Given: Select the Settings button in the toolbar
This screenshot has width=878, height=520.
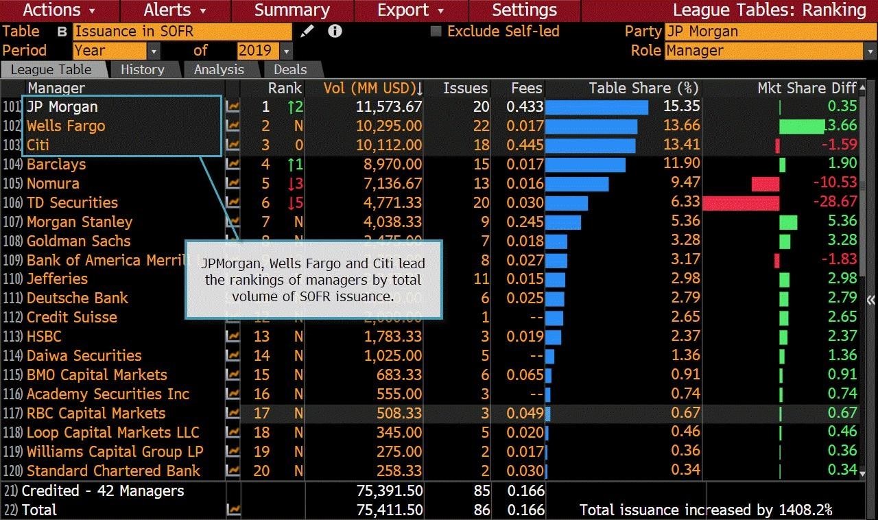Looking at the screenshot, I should point(524,10).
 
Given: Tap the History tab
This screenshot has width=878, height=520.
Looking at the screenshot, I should point(142,69).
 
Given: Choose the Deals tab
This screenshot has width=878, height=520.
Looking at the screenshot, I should point(290,69).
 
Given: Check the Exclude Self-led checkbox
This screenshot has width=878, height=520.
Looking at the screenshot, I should point(436,32).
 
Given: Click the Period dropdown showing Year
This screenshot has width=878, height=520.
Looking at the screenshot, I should point(116,51).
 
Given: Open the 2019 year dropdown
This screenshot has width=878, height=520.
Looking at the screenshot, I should point(264,51).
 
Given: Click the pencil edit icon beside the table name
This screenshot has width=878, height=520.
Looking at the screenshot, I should point(307,32).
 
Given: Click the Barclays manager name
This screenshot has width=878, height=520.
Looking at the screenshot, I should point(56,165).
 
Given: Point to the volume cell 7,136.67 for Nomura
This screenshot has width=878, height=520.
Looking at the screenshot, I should point(389,184).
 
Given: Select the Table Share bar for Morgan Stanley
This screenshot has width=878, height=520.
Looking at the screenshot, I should point(563,222).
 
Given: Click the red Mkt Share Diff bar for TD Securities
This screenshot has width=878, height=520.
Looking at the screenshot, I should point(741,203).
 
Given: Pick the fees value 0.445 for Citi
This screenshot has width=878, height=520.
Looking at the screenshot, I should point(526,145).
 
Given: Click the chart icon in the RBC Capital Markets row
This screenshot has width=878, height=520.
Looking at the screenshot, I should point(233,414).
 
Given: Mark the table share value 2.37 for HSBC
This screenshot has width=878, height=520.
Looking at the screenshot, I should point(685,336).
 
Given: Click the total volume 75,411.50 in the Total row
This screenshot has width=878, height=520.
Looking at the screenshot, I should point(389,510).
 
